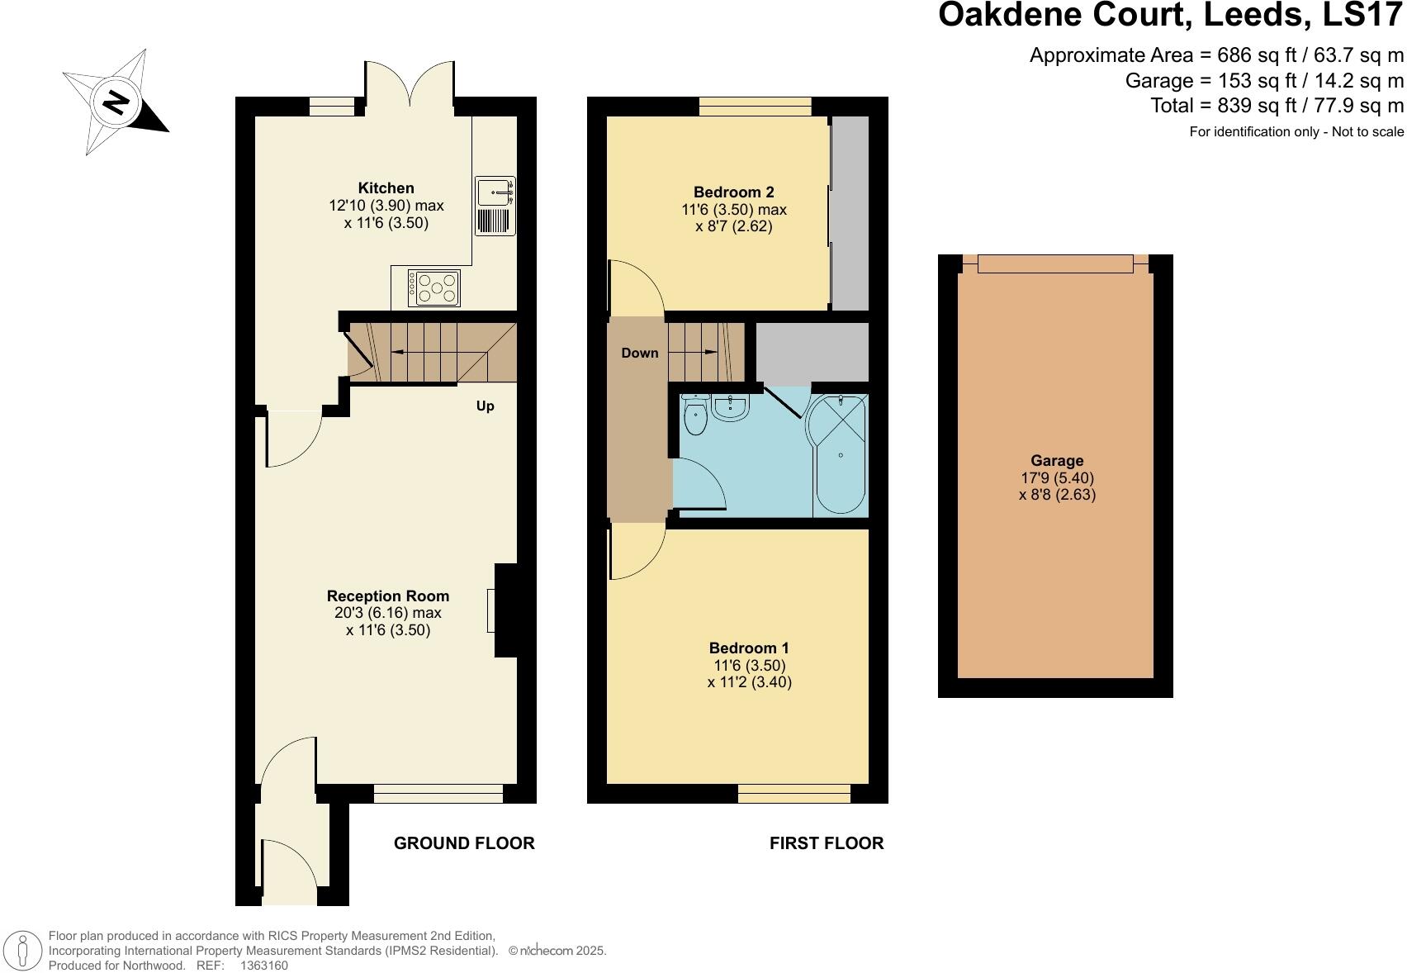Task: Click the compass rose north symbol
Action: click(x=116, y=102)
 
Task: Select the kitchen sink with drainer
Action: click(x=495, y=206)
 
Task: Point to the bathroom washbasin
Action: click(x=730, y=406)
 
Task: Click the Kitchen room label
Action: click(x=386, y=188)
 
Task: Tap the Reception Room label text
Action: click(x=388, y=596)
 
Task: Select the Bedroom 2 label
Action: click(x=733, y=192)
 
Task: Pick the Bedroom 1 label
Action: click(x=749, y=648)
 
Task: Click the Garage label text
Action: click(x=1057, y=461)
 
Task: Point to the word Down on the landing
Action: click(x=640, y=354)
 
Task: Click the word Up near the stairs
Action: click(x=486, y=406)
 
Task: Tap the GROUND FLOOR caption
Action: click(x=464, y=843)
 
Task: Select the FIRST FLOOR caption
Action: click(x=827, y=843)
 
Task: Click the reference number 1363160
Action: click(x=263, y=965)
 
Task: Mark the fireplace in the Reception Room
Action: click(x=505, y=610)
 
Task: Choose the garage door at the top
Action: click(x=1055, y=263)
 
